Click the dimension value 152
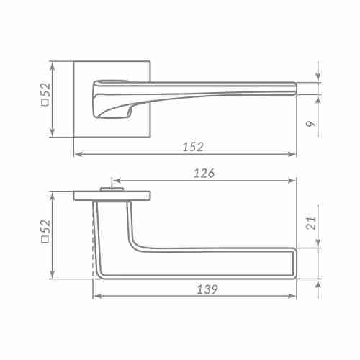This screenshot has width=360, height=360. (193, 147)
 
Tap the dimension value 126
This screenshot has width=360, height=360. (204, 173)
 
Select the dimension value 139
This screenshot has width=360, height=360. (207, 289)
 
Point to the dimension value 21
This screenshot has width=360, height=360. (312, 223)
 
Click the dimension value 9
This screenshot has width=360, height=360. (311, 124)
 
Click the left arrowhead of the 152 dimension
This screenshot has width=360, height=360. (78, 154)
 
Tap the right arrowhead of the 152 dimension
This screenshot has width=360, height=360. (292, 154)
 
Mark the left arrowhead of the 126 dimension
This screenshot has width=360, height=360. (117, 181)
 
